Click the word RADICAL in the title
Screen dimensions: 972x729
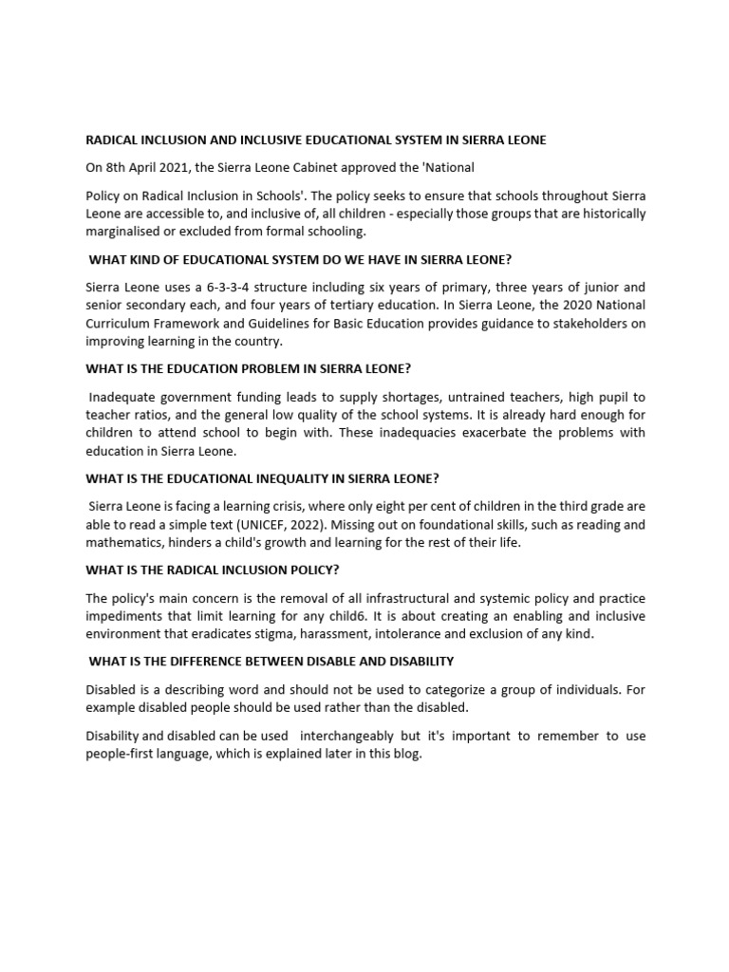click(112, 140)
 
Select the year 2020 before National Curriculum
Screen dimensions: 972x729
click(567, 305)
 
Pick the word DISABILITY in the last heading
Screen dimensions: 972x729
click(413, 661)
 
